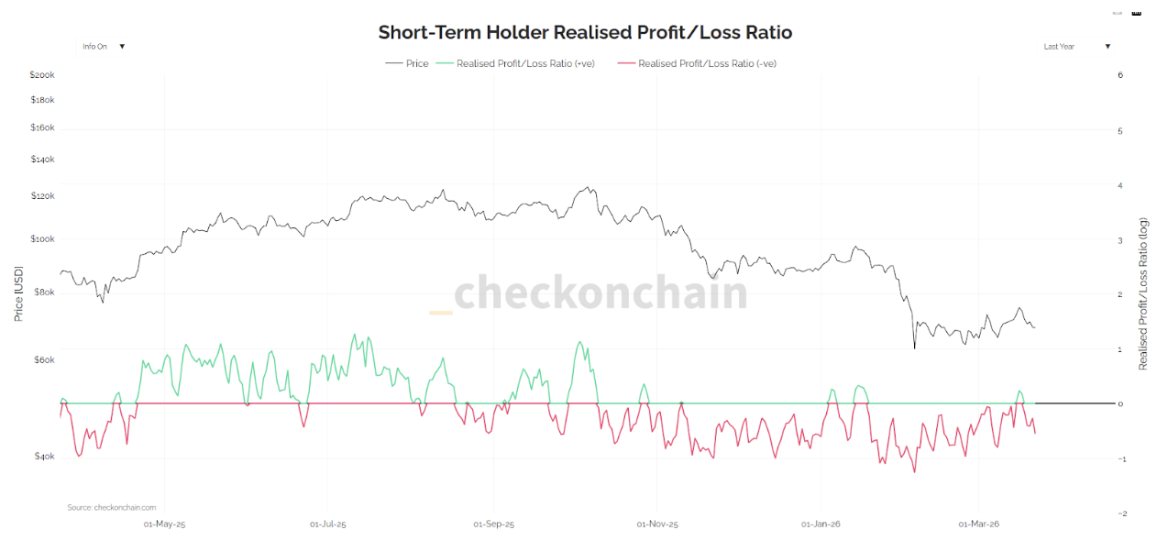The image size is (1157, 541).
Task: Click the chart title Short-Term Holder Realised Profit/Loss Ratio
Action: point(585,32)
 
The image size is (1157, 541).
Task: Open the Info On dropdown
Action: point(102,46)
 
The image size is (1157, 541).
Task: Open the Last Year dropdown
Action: point(1076,46)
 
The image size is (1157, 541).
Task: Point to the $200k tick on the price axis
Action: point(42,74)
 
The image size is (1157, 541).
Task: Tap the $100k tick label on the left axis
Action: point(42,238)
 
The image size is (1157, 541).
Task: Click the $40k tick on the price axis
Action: point(44,456)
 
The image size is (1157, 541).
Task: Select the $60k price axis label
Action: point(44,359)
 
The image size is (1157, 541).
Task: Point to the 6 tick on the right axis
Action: point(1120,75)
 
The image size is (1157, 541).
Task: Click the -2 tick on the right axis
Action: point(1119,513)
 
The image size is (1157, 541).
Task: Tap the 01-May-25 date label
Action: point(165,524)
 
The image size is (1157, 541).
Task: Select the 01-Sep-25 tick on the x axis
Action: point(493,524)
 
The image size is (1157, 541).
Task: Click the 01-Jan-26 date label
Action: point(821,524)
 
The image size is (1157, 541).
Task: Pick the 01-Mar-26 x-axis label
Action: point(978,524)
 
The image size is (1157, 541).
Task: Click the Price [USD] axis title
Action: point(18,293)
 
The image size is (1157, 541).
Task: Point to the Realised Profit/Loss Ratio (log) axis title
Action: point(1143,293)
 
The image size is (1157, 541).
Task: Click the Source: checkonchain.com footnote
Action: point(111,507)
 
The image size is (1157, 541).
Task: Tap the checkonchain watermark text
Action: point(601,293)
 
